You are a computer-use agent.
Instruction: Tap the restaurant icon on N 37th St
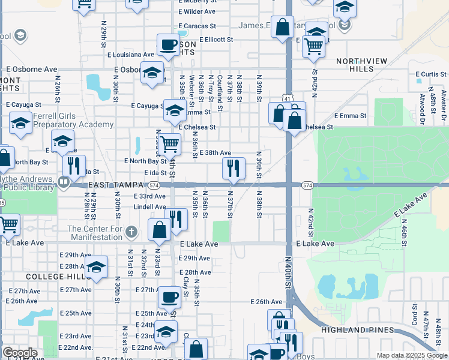tap(234, 168)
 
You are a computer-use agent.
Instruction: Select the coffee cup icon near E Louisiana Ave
tap(168, 44)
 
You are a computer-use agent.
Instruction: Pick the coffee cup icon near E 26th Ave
tap(170, 296)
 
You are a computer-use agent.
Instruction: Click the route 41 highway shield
tap(288, 98)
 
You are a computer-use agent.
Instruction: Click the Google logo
tap(20, 353)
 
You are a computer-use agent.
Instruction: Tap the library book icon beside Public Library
tap(63, 180)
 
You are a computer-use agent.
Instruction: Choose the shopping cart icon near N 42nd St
tap(313, 46)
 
